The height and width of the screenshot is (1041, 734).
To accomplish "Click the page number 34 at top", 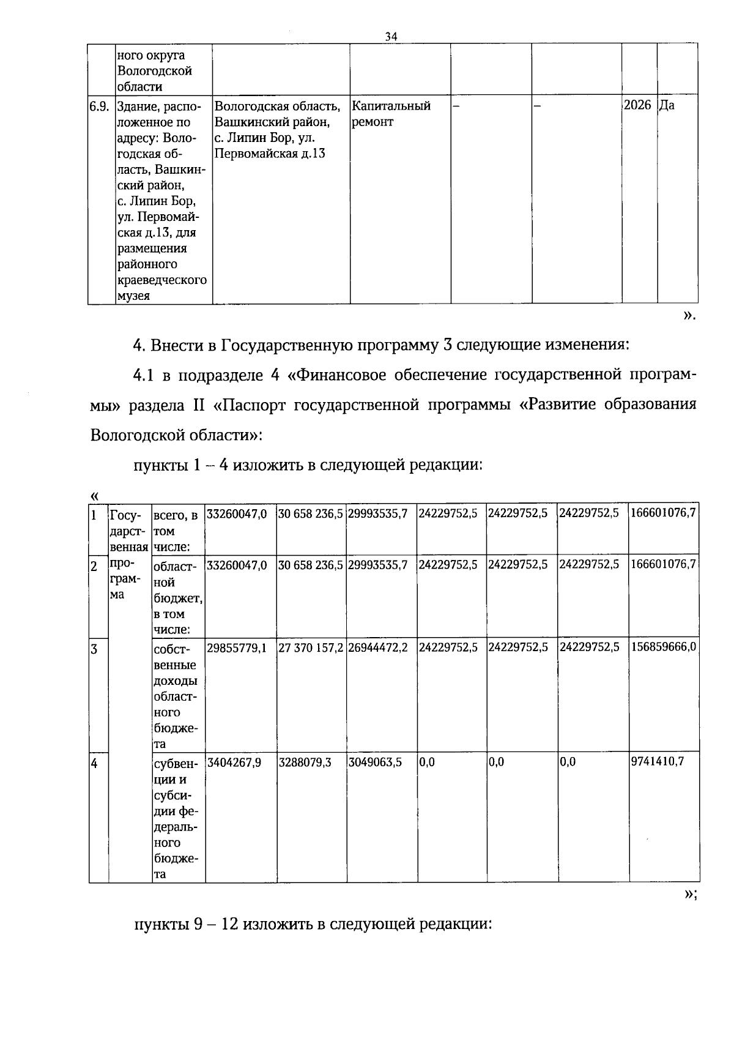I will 391,36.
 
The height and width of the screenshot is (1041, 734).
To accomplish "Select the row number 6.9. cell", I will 99,106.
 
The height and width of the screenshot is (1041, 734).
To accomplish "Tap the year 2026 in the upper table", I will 637,105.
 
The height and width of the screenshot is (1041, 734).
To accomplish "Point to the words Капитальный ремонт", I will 391,114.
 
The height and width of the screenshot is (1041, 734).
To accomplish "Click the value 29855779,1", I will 237,647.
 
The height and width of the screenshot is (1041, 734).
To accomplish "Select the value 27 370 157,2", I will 311,647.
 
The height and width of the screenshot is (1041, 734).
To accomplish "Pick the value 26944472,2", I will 378,647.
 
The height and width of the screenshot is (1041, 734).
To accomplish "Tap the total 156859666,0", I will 663,647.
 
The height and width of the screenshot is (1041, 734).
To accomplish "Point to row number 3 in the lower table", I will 95,649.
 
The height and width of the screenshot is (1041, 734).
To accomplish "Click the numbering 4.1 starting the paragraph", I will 144,375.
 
